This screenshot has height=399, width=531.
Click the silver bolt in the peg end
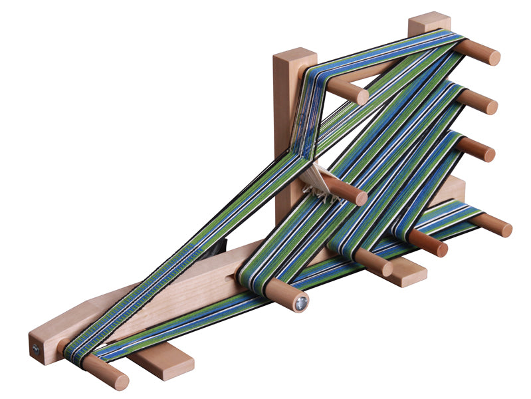click(300, 304)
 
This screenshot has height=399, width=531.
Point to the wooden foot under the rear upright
click(404, 271)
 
